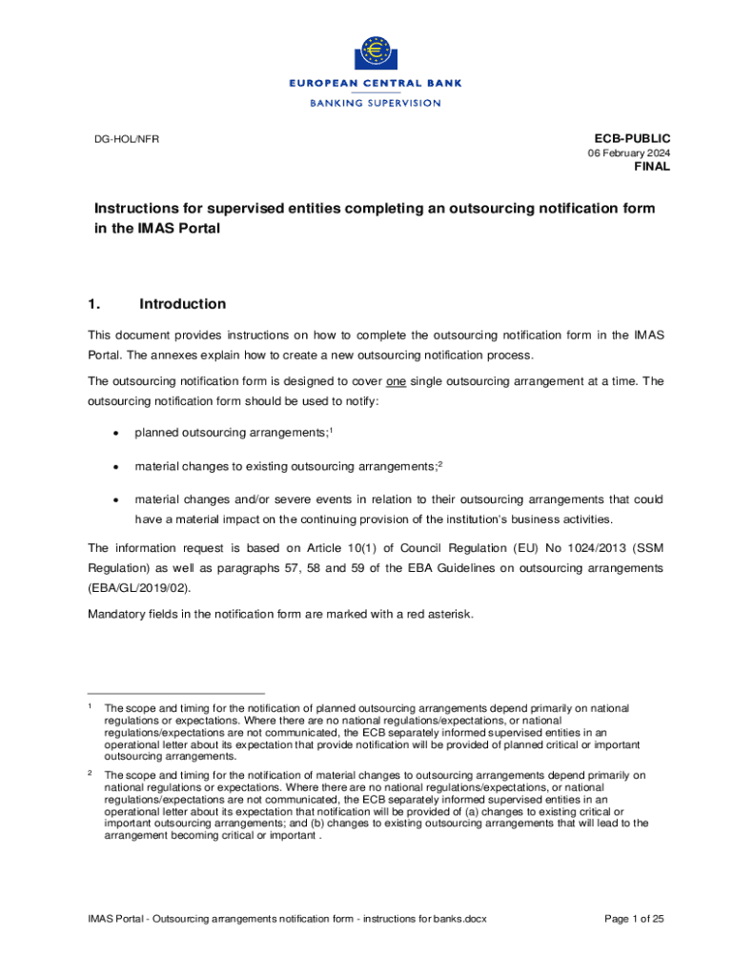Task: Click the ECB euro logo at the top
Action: [376, 52]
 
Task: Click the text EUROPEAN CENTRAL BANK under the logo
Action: [376, 84]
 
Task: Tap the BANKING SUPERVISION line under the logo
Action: [376, 103]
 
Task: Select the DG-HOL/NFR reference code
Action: [127, 140]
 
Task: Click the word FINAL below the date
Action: [652, 167]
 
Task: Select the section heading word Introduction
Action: [182, 304]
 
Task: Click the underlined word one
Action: [396, 381]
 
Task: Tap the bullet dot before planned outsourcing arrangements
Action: [115, 434]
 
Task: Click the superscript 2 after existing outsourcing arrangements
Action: [440, 463]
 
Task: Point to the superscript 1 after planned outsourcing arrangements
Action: [329, 431]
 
